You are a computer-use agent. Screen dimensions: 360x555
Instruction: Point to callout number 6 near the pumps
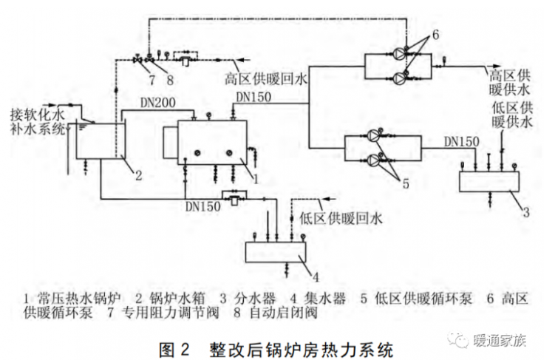[435, 35]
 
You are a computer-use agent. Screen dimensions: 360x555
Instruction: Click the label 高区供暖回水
[264, 77]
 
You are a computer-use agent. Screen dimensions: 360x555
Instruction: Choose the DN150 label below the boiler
[202, 207]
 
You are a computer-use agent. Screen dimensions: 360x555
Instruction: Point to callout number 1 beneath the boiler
[254, 178]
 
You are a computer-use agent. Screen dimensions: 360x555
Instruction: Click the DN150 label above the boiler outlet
[253, 97]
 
